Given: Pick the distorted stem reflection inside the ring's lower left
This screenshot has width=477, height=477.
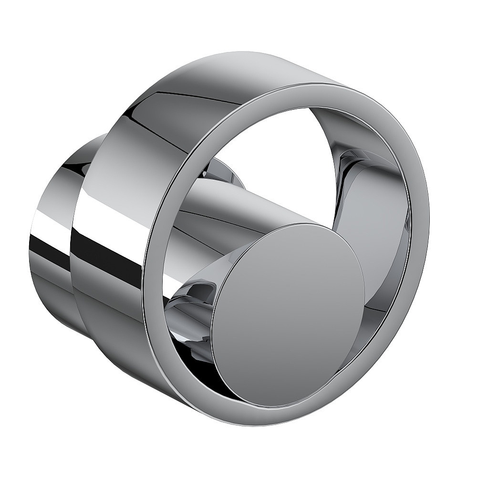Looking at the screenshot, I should [191, 296].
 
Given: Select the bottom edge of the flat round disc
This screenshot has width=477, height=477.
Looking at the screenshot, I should [286, 405].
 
